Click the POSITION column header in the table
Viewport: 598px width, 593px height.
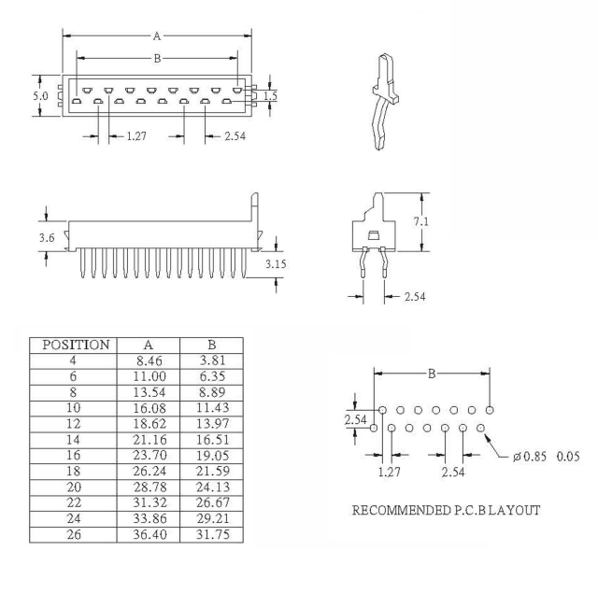[76, 345]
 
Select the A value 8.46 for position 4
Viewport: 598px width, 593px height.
[148, 360]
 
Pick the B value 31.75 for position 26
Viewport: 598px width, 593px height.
[213, 534]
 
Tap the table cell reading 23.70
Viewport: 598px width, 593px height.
[149, 456]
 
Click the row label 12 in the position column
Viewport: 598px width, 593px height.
[73, 424]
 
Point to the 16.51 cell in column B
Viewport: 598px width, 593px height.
[213, 440]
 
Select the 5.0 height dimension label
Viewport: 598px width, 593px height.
[40, 96]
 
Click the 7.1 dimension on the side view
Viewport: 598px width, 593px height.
[421, 221]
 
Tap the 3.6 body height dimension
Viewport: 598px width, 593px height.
[47, 238]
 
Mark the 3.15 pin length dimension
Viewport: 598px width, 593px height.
[276, 263]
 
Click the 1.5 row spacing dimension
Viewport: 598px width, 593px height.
[270, 95]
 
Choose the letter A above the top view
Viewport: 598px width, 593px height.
[157, 36]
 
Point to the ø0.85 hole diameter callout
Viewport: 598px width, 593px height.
[530, 456]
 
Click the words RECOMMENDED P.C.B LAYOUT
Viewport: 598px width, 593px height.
[446, 510]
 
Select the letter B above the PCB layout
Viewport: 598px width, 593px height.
[432, 374]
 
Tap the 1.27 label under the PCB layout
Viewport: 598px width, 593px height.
[390, 472]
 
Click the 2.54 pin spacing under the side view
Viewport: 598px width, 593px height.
[415, 297]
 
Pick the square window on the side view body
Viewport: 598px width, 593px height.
[374, 235]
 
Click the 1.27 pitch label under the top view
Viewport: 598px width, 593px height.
[136, 136]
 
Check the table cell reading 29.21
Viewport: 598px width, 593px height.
[213, 518]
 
